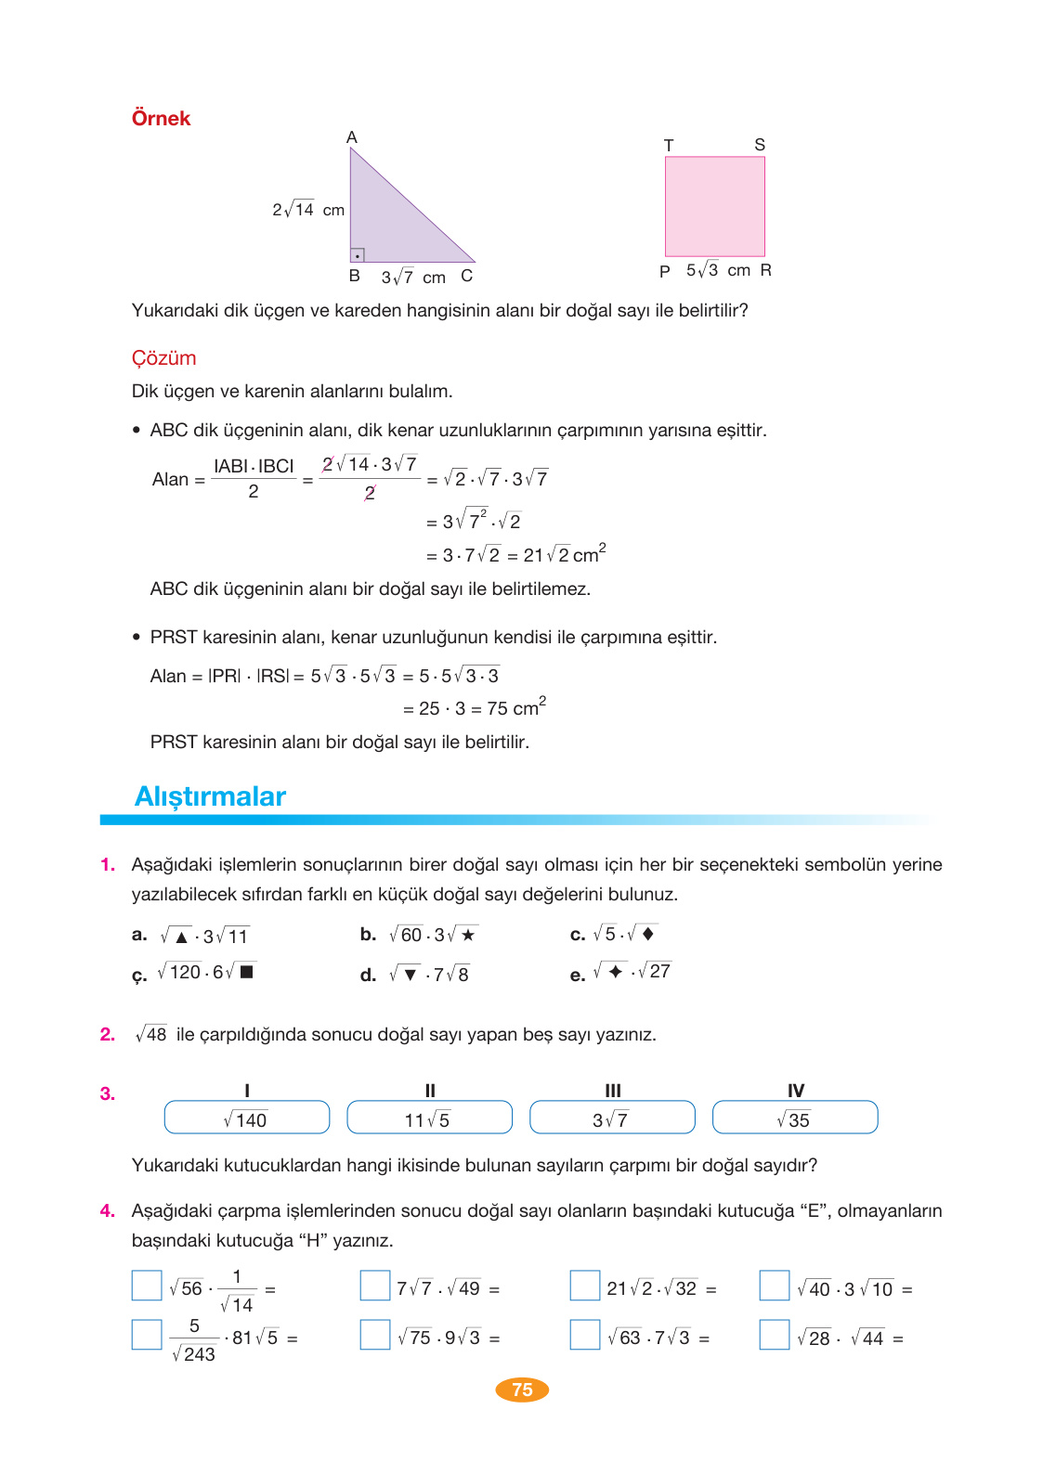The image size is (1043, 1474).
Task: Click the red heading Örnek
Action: [x=161, y=119]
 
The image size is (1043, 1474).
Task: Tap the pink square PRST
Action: [x=714, y=206]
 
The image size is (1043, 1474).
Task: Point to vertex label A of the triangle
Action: [x=352, y=137]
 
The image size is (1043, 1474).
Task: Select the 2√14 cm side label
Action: [x=307, y=210]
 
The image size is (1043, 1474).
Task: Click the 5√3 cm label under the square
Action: [x=717, y=270]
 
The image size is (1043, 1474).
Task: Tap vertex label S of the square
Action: [x=760, y=145]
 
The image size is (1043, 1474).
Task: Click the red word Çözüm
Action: [x=163, y=358]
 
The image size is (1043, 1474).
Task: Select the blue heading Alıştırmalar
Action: [x=210, y=796]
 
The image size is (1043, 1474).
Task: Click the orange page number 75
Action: [x=522, y=1390]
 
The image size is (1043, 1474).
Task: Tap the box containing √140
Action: [x=247, y=1118]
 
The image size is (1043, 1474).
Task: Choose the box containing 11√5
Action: [x=429, y=1118]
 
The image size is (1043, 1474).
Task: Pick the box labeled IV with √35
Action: [x=795, y=1118]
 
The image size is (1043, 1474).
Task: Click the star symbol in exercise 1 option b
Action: [x=468, y=935]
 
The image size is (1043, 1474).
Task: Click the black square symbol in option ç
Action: [x=247, y=972]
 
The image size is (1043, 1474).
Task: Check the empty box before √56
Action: [x=147, y=1286]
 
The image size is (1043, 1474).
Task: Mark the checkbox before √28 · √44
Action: [x=775, y=1335]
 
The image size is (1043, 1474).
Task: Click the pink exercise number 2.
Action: [x=108, y=1034]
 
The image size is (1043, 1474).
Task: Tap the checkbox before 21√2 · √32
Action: [x=585, y=1286]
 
